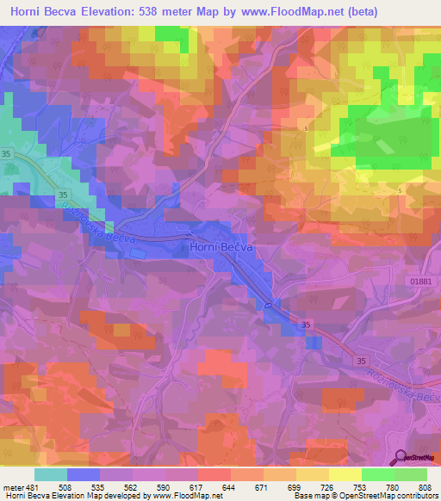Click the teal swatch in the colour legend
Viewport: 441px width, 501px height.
51,475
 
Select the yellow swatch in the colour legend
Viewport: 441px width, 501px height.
345,475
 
